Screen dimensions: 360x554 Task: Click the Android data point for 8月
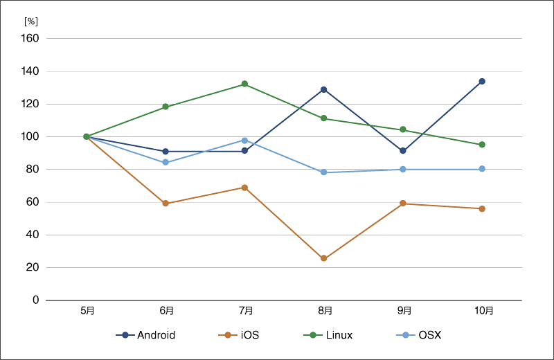pyautogui.click(x=323, y=89)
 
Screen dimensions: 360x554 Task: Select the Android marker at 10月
pyautogui.click(x=482, y=81)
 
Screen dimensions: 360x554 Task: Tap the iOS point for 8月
pyautogui.click(x=323, y=258)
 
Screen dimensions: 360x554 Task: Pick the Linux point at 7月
pyautogui.click(x=244, y=84)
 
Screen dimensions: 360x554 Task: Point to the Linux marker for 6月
pyautogui.click(x=166, y=107)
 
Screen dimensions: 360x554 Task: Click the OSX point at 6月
pyautogui.click(x=166, y=163)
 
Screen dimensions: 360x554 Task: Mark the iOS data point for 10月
pyautogui.click(x=482, y=208)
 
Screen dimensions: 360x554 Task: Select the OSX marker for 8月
pyautogui.click(x=323, y=172)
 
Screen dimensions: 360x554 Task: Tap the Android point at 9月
pyautogui.click(x=403, y=151)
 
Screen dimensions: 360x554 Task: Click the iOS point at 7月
pyautogui.click(x=244, y=188)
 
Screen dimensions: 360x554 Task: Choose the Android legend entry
pyautogui.click(x=146, y=335)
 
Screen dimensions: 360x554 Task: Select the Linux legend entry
pyautogui.click(x=329, y=335)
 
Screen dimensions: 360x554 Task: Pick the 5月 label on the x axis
pyautogui.click(x=87, y=311)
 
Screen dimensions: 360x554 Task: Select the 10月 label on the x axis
pyautogui.click(x=482, y=311)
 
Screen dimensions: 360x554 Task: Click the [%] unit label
pyautogui.click(x=30, y=21)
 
